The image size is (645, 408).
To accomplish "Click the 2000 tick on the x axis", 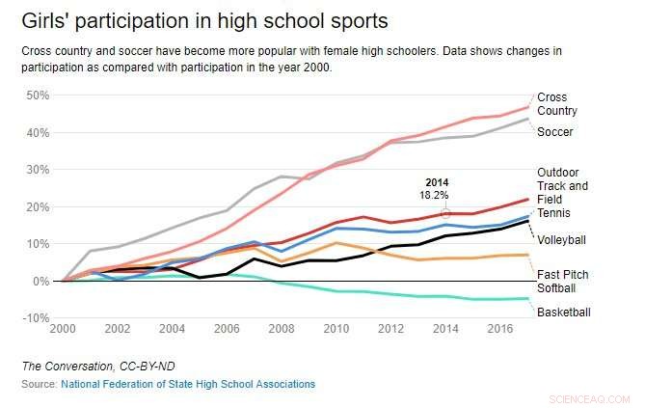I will (x=62, y=329).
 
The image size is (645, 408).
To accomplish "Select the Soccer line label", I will (x=555, y=131).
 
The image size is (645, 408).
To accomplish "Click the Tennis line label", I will (x=554, y=212).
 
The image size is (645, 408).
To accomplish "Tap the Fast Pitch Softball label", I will (x=563, y=281).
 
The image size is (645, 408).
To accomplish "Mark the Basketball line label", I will (x=563, y=313).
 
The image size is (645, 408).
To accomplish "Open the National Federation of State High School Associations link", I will (x=187, y=384).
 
